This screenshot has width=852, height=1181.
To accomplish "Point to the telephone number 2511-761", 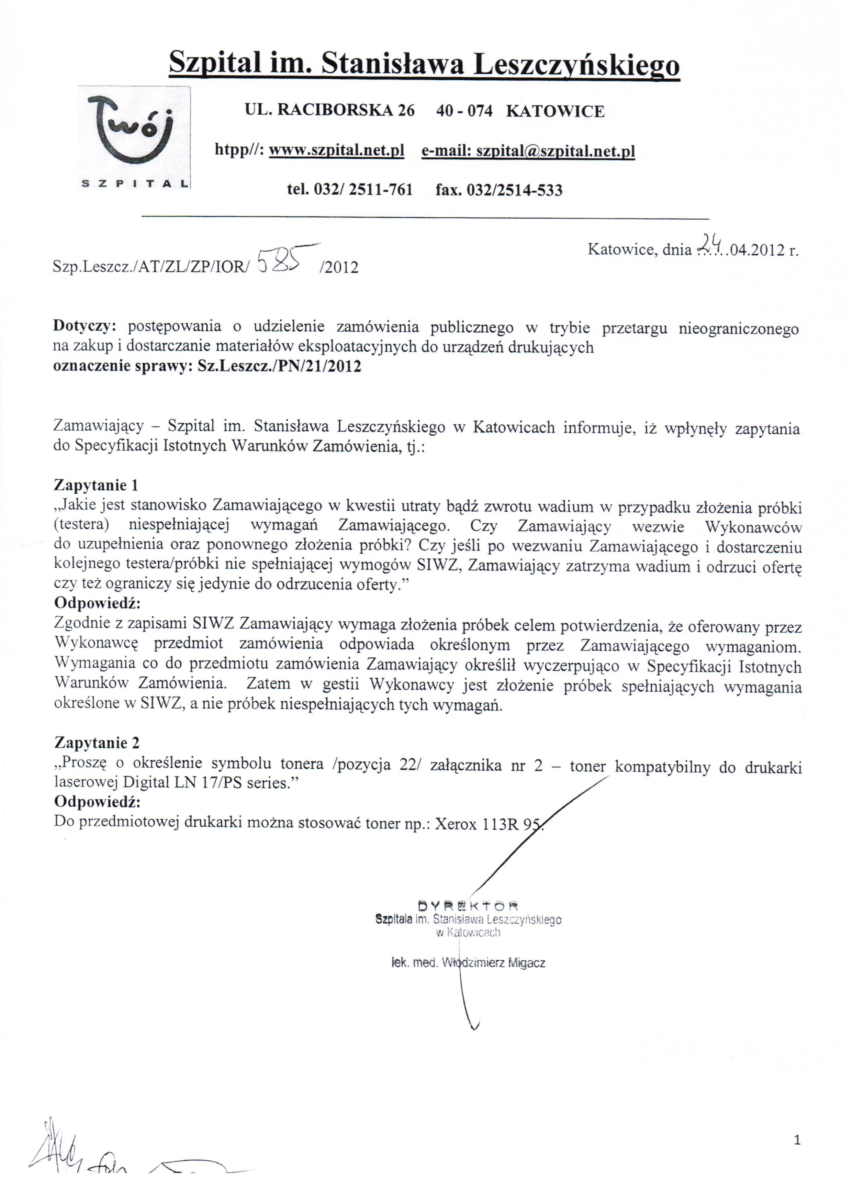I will [x=380, y=190].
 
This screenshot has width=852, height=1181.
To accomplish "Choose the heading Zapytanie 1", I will [x=96, y=485].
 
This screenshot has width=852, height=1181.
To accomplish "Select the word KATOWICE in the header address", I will [x=555, y=111].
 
